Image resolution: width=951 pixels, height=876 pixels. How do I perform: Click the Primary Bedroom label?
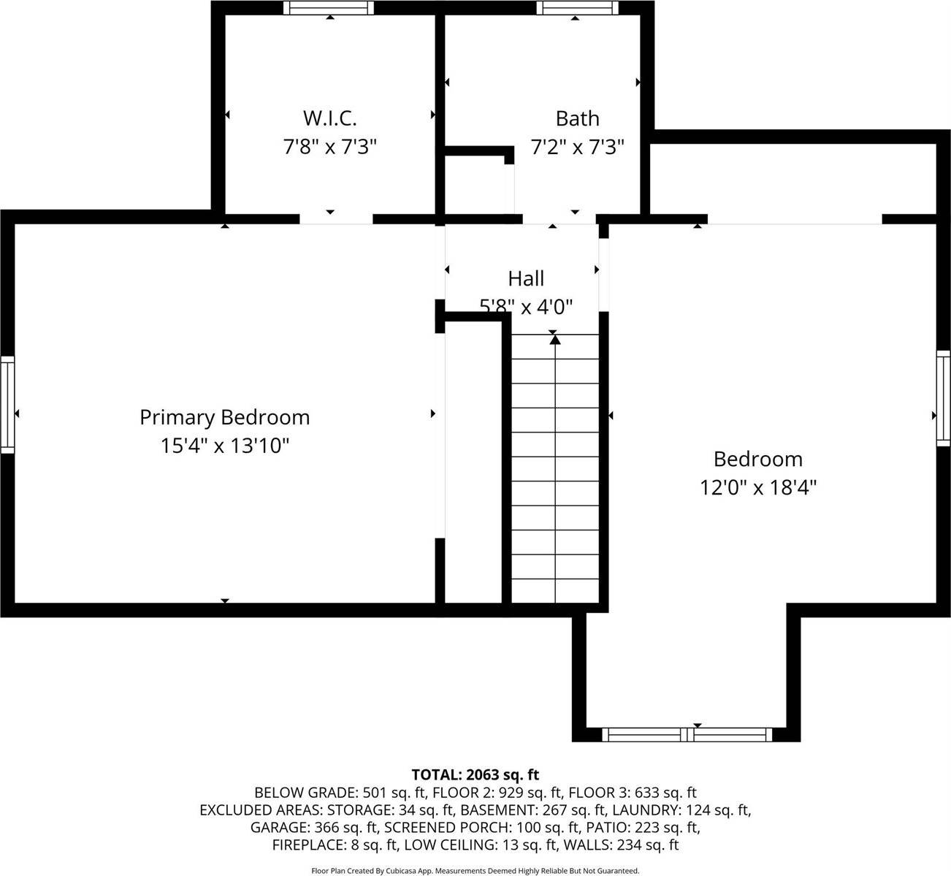pos(224,417)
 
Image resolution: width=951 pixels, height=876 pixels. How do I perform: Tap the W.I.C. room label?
pos(329,118)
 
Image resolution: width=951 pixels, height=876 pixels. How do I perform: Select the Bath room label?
pos(577,118)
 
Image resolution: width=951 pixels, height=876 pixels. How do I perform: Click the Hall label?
pos(526,278)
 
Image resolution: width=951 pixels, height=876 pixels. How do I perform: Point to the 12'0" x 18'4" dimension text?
pos(758,487)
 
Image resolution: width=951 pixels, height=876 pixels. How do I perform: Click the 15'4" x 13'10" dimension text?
pos(225,446)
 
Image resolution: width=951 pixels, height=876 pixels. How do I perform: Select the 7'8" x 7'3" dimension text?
pos(329,148)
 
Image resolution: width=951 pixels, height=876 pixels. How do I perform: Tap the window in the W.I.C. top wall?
pos(329,8)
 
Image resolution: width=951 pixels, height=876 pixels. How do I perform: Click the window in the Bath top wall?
pos(577,8)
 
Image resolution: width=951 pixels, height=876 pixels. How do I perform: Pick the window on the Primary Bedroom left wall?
pos(7,404)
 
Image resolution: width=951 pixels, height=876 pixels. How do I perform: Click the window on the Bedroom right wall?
pos(944,397)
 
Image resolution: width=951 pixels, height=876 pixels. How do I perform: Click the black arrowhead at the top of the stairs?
pos(555,338)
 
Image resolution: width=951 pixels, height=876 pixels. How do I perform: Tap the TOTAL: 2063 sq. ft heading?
pos(475,774)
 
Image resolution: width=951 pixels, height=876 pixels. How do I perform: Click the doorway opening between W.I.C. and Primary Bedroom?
pos(336,218)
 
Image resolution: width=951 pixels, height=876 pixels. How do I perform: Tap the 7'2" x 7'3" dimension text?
pos(577,148)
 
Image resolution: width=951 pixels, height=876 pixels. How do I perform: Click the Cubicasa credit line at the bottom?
pos(475,871)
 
